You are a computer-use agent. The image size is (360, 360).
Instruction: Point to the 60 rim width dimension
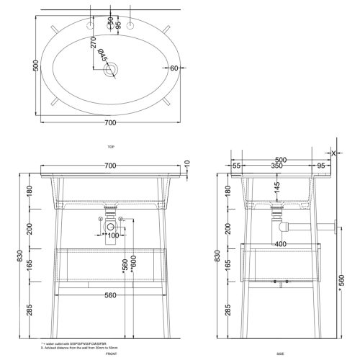pos(174,68)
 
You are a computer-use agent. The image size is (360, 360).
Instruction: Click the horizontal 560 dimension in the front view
pos(110,295)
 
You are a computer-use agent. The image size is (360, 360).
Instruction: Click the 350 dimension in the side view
pos(276,166)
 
